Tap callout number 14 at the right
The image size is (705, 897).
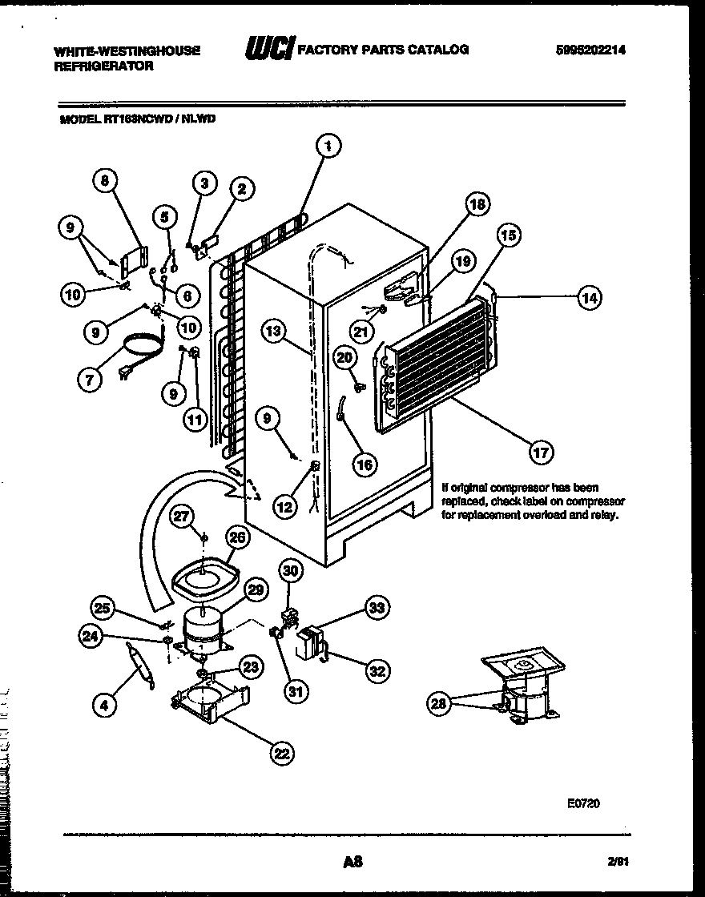pos(589,297)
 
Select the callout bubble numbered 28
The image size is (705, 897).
pos(437,704)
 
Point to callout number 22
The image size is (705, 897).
pos(280,752)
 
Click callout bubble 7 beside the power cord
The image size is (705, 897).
pos(90,380)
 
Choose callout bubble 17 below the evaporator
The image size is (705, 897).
pos(541,453)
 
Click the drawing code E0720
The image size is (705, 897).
pos(582,803)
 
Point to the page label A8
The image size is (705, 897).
pos(352,863)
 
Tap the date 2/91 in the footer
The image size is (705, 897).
pos(616,863)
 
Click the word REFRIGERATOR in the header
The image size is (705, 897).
pos(103,66)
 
